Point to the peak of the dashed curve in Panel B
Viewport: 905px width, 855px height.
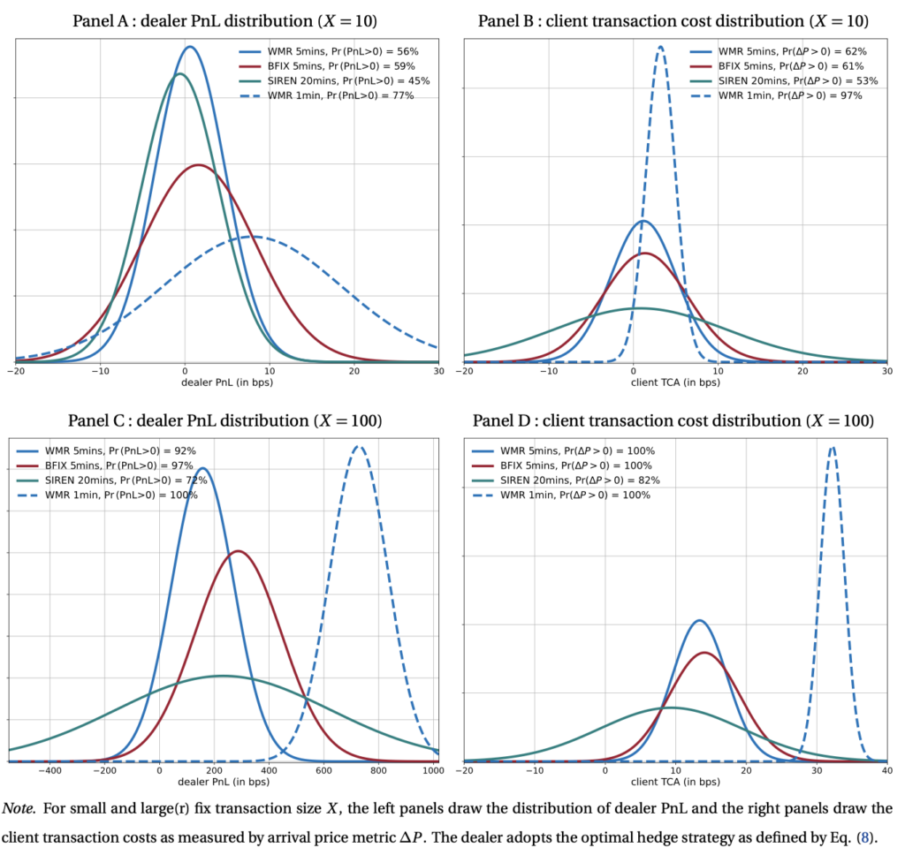click(x=660, y=48)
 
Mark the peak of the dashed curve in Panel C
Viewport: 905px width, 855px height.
click(x=358, y=446)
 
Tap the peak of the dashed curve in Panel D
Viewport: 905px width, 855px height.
click(x=832, y=447)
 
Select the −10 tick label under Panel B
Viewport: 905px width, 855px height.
click(x=547, y=373)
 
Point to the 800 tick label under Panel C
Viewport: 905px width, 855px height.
click(x=378, y=771)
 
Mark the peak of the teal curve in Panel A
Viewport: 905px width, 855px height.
click(x=180, y=74)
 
